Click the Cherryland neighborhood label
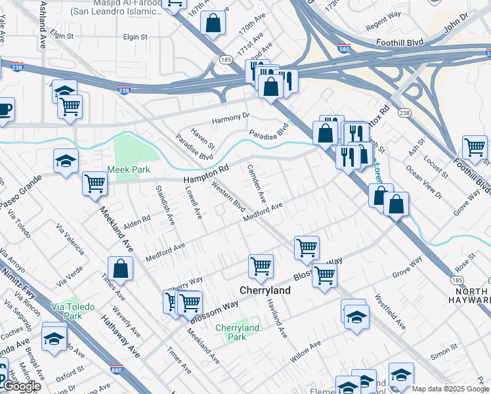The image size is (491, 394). pyautogui.click(x=265, y=290)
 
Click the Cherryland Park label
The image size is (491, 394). pyautogui.click(x=237, y=332)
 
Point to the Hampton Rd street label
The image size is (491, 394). pyautogui.click(x=205, y=173)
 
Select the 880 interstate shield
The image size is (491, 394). pyautogui.click(x=117, y=370)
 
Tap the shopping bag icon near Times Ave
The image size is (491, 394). pyautogui.click(x=120, y=268)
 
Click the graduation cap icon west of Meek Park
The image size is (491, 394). pyautogui.click(x=66, y=161)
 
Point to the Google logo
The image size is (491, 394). pyautogui.click(x=21, y=387)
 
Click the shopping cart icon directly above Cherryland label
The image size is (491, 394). pyautogui.click(x=261, y=267)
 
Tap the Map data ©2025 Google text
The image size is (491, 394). pyautogui.click(x=450, y=389)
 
